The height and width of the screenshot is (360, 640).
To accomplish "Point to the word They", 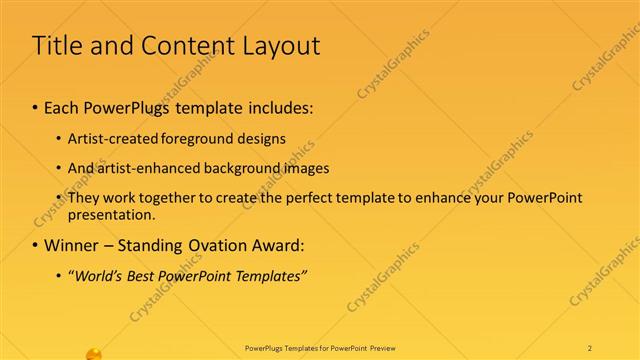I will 84,198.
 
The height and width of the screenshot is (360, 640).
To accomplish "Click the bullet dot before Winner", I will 36,245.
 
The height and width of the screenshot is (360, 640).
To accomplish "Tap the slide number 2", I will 591,347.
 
